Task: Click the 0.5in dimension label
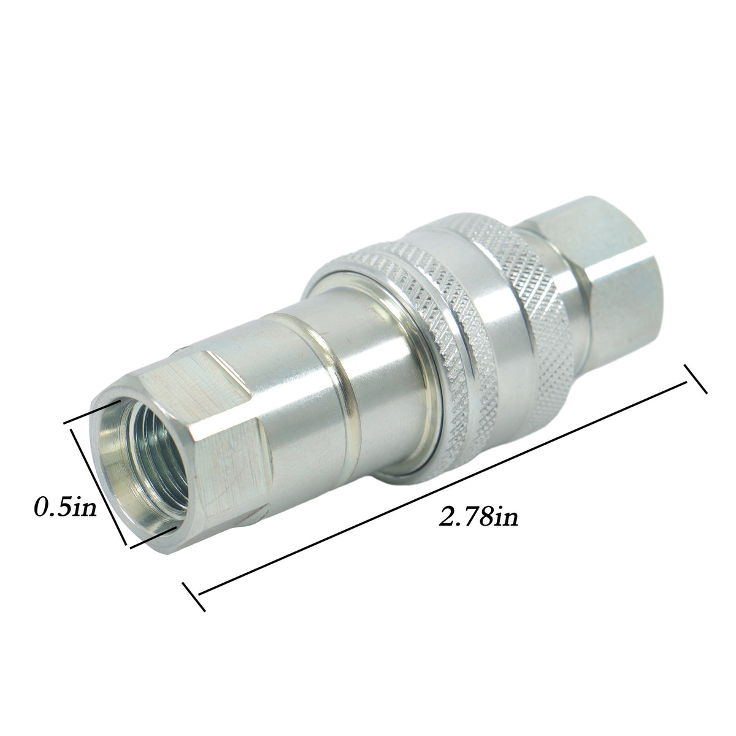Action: click(65, 507)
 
